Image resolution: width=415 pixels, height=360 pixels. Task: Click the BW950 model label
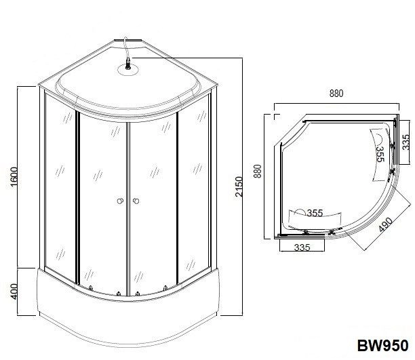point(382,345)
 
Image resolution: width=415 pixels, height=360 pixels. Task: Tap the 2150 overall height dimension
point(239,186)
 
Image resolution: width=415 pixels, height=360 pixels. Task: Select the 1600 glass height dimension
point(14,176)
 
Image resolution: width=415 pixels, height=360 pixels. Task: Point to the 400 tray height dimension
point(14,292)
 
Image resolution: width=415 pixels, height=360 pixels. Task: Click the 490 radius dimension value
point(385,224)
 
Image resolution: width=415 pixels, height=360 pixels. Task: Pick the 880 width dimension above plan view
point(336,94)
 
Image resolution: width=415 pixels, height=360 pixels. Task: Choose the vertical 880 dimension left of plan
point(258,172)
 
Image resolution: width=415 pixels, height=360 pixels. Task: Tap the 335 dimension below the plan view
point(302,247)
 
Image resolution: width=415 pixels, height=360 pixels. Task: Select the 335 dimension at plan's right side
point(406,142)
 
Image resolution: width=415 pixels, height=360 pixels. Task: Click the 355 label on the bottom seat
point(315,213)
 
